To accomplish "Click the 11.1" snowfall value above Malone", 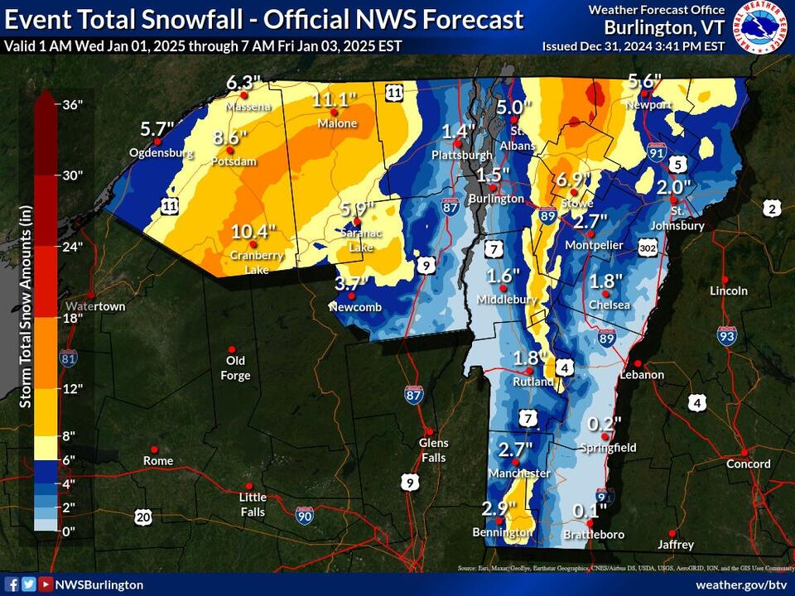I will tap(335, 100).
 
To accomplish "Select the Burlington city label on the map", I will tap(496, 199).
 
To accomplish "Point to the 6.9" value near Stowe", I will tap(571, 180).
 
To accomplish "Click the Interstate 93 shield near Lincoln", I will tap(727, 334).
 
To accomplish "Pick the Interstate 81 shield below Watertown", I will tap(70, 358).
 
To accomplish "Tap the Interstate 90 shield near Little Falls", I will tap(304, 515).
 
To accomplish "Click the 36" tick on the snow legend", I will tap(73, 104).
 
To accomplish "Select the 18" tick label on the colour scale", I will tap(73, 317).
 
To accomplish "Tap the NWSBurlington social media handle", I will tap(99, 584).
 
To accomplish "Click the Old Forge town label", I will tap(235, 368).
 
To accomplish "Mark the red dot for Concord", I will tap(744, 452).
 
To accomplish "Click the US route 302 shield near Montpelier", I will tap(648, 246).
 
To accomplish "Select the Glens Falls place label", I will tap(433, 450).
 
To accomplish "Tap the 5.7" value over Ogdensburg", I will tap(157, 130).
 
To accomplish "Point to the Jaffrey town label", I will tap(676, 545).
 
